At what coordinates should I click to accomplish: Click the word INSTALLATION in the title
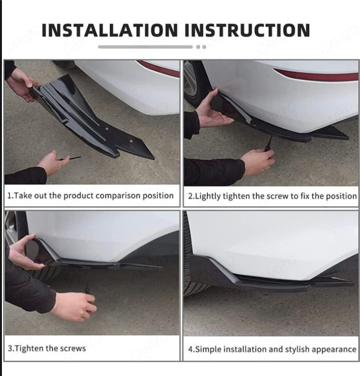[109, 30]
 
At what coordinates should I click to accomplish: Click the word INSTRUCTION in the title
[247, 30]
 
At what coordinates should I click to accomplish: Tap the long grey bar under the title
[145, 47]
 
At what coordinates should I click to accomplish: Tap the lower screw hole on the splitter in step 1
[131, 141]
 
